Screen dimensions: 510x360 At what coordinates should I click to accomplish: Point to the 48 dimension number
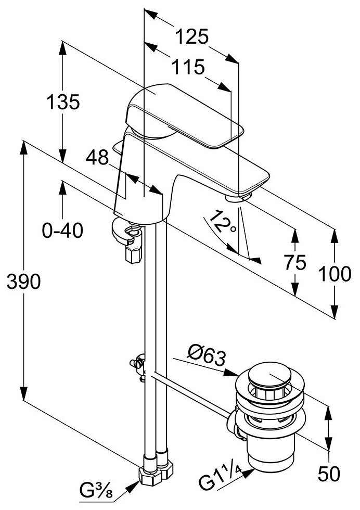(97, 157)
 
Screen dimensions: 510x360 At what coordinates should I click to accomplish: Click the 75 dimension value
(295, 263)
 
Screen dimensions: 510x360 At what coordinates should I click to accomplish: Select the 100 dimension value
(335, 274)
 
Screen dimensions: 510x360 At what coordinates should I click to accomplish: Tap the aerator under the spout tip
(240, 197)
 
